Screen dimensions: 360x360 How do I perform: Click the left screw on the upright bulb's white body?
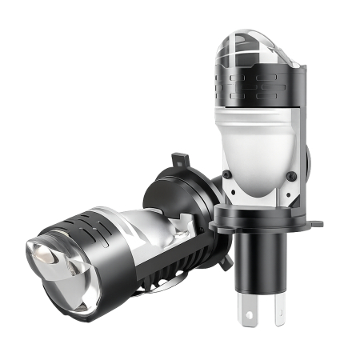pos(227,174)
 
